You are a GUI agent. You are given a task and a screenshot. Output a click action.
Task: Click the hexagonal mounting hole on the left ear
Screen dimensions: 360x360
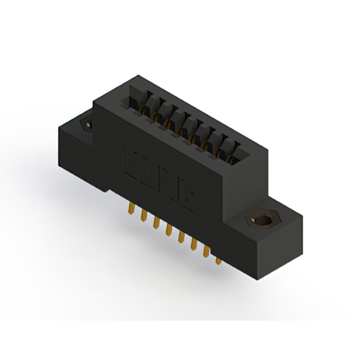(88, 124)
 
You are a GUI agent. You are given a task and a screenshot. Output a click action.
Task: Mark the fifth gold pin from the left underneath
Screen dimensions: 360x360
(180, 237)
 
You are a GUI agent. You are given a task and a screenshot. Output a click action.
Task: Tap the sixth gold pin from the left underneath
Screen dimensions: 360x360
(193, 244)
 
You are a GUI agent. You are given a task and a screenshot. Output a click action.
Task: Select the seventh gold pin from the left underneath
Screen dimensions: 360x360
(206, 251)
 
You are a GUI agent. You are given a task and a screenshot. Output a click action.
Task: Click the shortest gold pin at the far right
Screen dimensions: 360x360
(218, 260)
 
